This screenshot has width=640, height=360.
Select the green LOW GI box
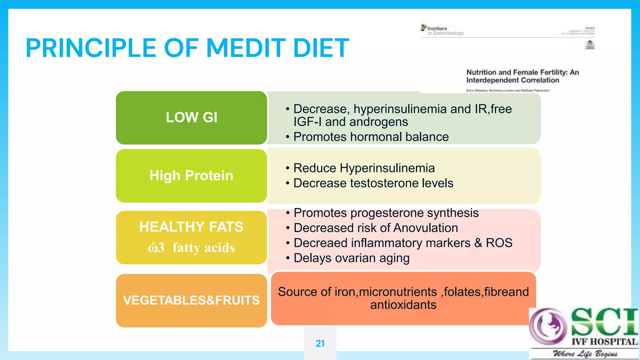[191, 117]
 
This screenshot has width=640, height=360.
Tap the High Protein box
[191, 176]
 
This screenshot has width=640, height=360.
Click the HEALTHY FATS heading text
[191, 227]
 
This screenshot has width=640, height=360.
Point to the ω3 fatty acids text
[191, 248]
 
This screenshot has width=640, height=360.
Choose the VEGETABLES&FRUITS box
[191, 300]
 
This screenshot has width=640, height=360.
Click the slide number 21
[320, 343]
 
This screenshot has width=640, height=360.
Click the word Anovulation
[426, 228]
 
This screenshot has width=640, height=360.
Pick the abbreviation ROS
[499, 243]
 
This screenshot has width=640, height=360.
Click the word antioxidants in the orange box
[403, 305]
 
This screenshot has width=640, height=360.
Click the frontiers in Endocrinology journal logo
[442, 30]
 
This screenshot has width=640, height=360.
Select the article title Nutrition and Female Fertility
[522, 76]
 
